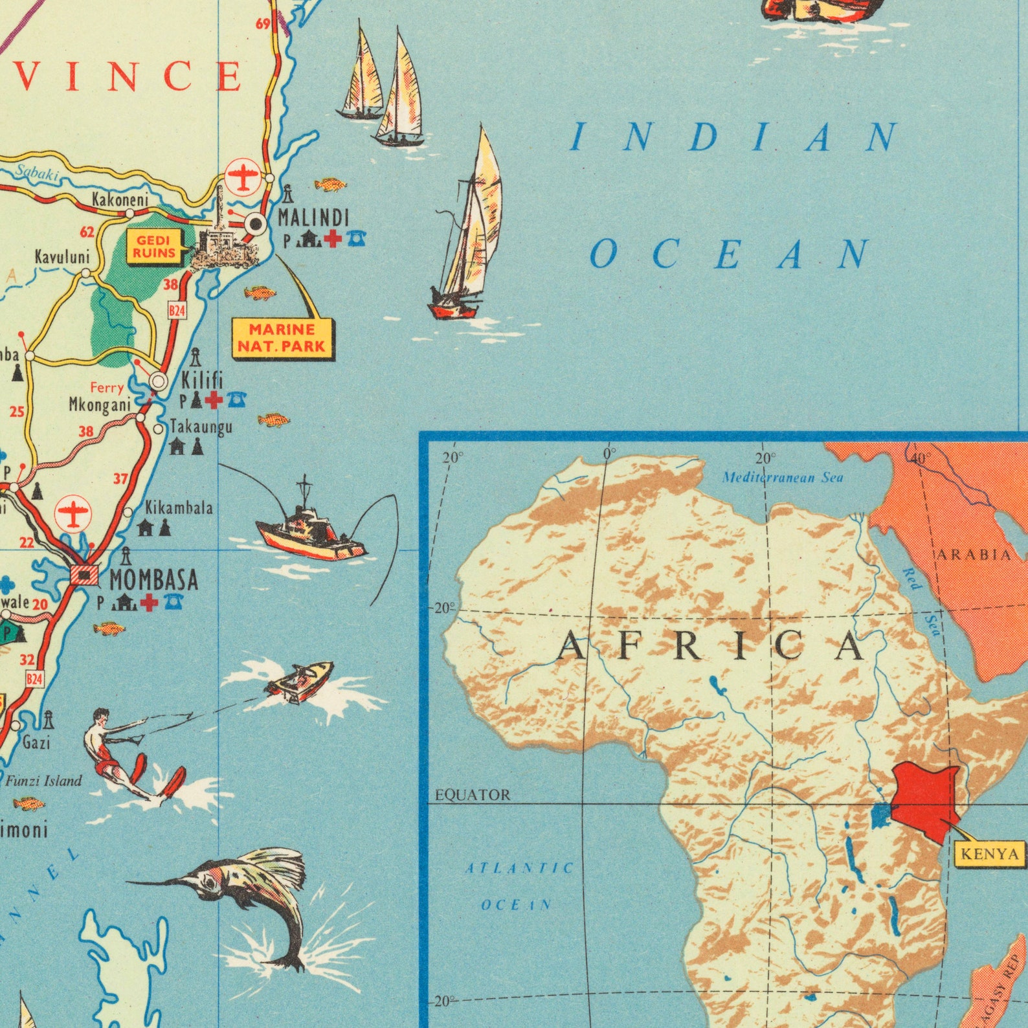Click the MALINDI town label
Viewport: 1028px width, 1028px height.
tap(313, 218)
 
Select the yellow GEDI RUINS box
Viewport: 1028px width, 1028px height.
tap(155, 247)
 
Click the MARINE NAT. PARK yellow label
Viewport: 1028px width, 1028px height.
tap(282, 338)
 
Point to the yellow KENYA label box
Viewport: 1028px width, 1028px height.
tap(990, 854)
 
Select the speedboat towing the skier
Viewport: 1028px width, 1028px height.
tap(300, 680)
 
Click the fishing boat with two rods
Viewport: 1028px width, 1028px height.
tap(311, 531)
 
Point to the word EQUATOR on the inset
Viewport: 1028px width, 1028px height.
tap(473, 794)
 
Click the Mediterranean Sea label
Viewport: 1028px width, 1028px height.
tap(783, 478)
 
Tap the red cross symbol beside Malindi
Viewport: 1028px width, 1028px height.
tap(333, 240)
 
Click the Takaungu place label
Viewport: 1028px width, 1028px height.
tap(201, 427)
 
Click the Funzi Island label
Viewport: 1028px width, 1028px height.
tap(44, 781)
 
